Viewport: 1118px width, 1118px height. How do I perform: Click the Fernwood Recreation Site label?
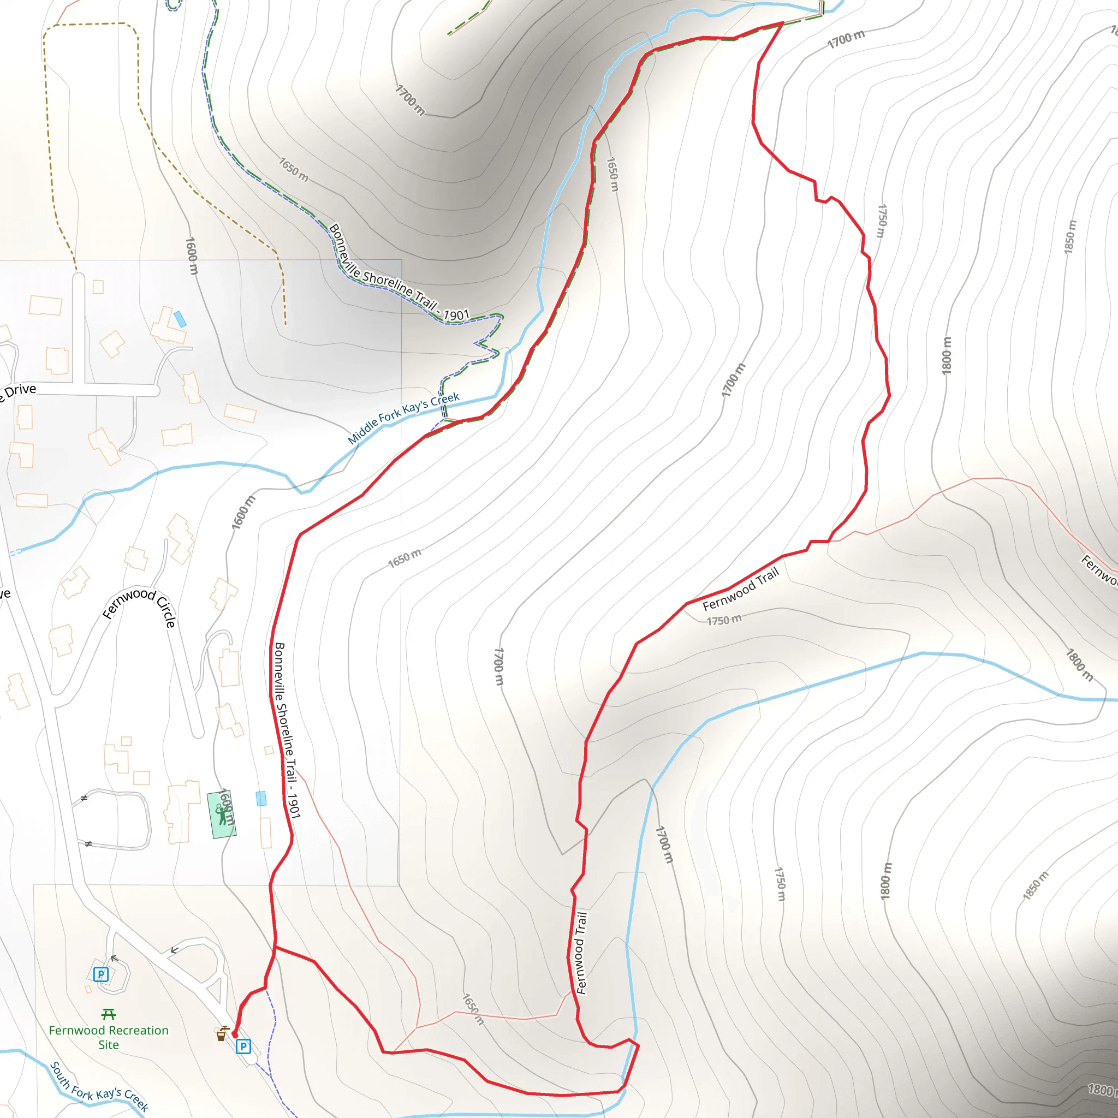coord(108,1037)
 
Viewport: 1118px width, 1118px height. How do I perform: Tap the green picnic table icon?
coord(108,1014)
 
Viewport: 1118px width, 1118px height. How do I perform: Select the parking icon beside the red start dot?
coord(243,1046)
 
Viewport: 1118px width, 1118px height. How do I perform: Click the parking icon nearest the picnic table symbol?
coord(100,974)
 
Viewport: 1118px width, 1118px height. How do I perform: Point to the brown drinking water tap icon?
coord(221,1034)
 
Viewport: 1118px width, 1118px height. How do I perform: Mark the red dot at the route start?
coord(234,1034)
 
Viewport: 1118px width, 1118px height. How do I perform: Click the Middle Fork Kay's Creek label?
coord(403,418)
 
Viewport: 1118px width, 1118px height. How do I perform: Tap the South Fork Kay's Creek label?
coord(99,1086)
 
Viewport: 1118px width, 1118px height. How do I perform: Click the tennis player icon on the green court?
coord(221,813)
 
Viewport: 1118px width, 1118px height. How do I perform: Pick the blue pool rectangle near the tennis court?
coord(261,799)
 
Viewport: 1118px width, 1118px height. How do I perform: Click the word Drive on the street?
coord(21,391)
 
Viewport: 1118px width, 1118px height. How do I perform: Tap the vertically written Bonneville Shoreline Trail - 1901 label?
coord(287,730)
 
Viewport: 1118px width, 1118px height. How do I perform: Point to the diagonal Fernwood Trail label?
coord(741,588)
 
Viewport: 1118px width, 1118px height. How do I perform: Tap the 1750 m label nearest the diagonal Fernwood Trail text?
coord(723,620)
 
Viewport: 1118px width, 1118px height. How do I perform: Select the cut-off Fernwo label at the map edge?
coord(1099,570)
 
